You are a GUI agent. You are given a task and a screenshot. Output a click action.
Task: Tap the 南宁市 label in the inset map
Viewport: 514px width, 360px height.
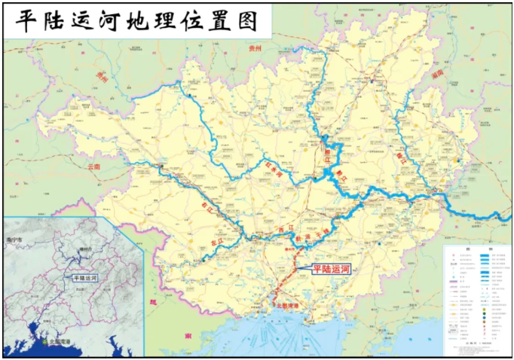click(x=17, y=239)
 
